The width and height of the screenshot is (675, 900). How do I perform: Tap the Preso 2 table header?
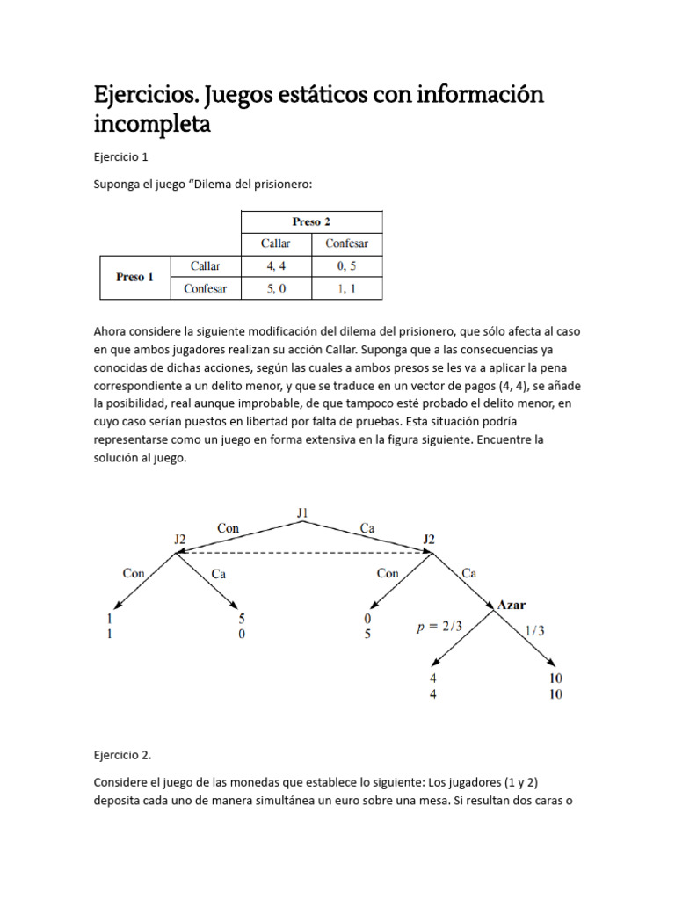tap(311, 221)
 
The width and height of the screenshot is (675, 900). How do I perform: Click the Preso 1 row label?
tap(134, 277)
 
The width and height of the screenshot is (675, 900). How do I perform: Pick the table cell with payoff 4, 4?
tap(277, 265)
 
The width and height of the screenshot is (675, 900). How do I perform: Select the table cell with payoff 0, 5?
tap(346, 265)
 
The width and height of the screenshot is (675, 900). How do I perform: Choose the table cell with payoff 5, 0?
tap(277, 288)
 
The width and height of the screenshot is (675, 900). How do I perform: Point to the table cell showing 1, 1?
tap(346, 288)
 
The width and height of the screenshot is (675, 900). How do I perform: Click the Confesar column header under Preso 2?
tap(346, 243)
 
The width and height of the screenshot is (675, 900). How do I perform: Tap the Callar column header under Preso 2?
tap(277, 243)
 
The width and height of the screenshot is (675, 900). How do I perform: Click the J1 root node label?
tap(303, 512)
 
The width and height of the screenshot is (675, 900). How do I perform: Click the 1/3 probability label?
tap(534, 629)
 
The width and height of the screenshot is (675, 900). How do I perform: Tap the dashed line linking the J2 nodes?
tap(303, 552)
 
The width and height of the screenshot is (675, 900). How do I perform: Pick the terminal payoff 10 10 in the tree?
tap(555, 686)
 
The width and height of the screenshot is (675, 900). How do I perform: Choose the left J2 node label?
tap(179, 538)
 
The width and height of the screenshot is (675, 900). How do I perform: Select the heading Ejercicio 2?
tap(122, 754)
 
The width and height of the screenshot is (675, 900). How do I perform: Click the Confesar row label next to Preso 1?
tap(205, 288)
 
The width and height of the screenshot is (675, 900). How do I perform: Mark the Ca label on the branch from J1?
tap(367, 527)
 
